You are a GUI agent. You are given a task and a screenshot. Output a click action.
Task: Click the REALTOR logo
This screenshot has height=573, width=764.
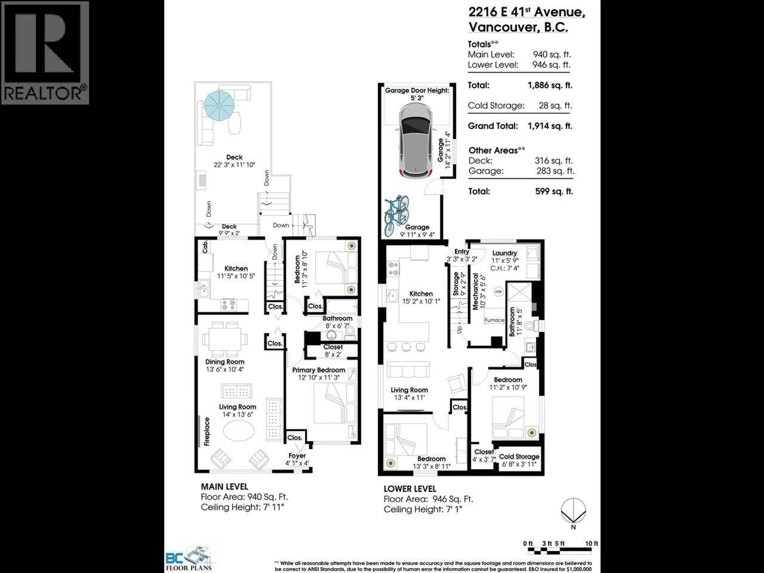coord(45,53)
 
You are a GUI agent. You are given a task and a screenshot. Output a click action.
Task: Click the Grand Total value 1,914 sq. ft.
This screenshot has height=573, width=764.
coord(550,126)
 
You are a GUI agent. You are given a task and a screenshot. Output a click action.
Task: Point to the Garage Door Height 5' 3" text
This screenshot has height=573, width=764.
coord(417,94)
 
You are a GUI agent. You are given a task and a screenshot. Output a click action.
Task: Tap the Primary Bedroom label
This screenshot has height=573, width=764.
coord(319,370)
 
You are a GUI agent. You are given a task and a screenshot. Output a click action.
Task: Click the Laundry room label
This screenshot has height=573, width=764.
coord(504,253)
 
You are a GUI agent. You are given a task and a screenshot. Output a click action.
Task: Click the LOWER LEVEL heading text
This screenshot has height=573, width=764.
coord(410,489)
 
